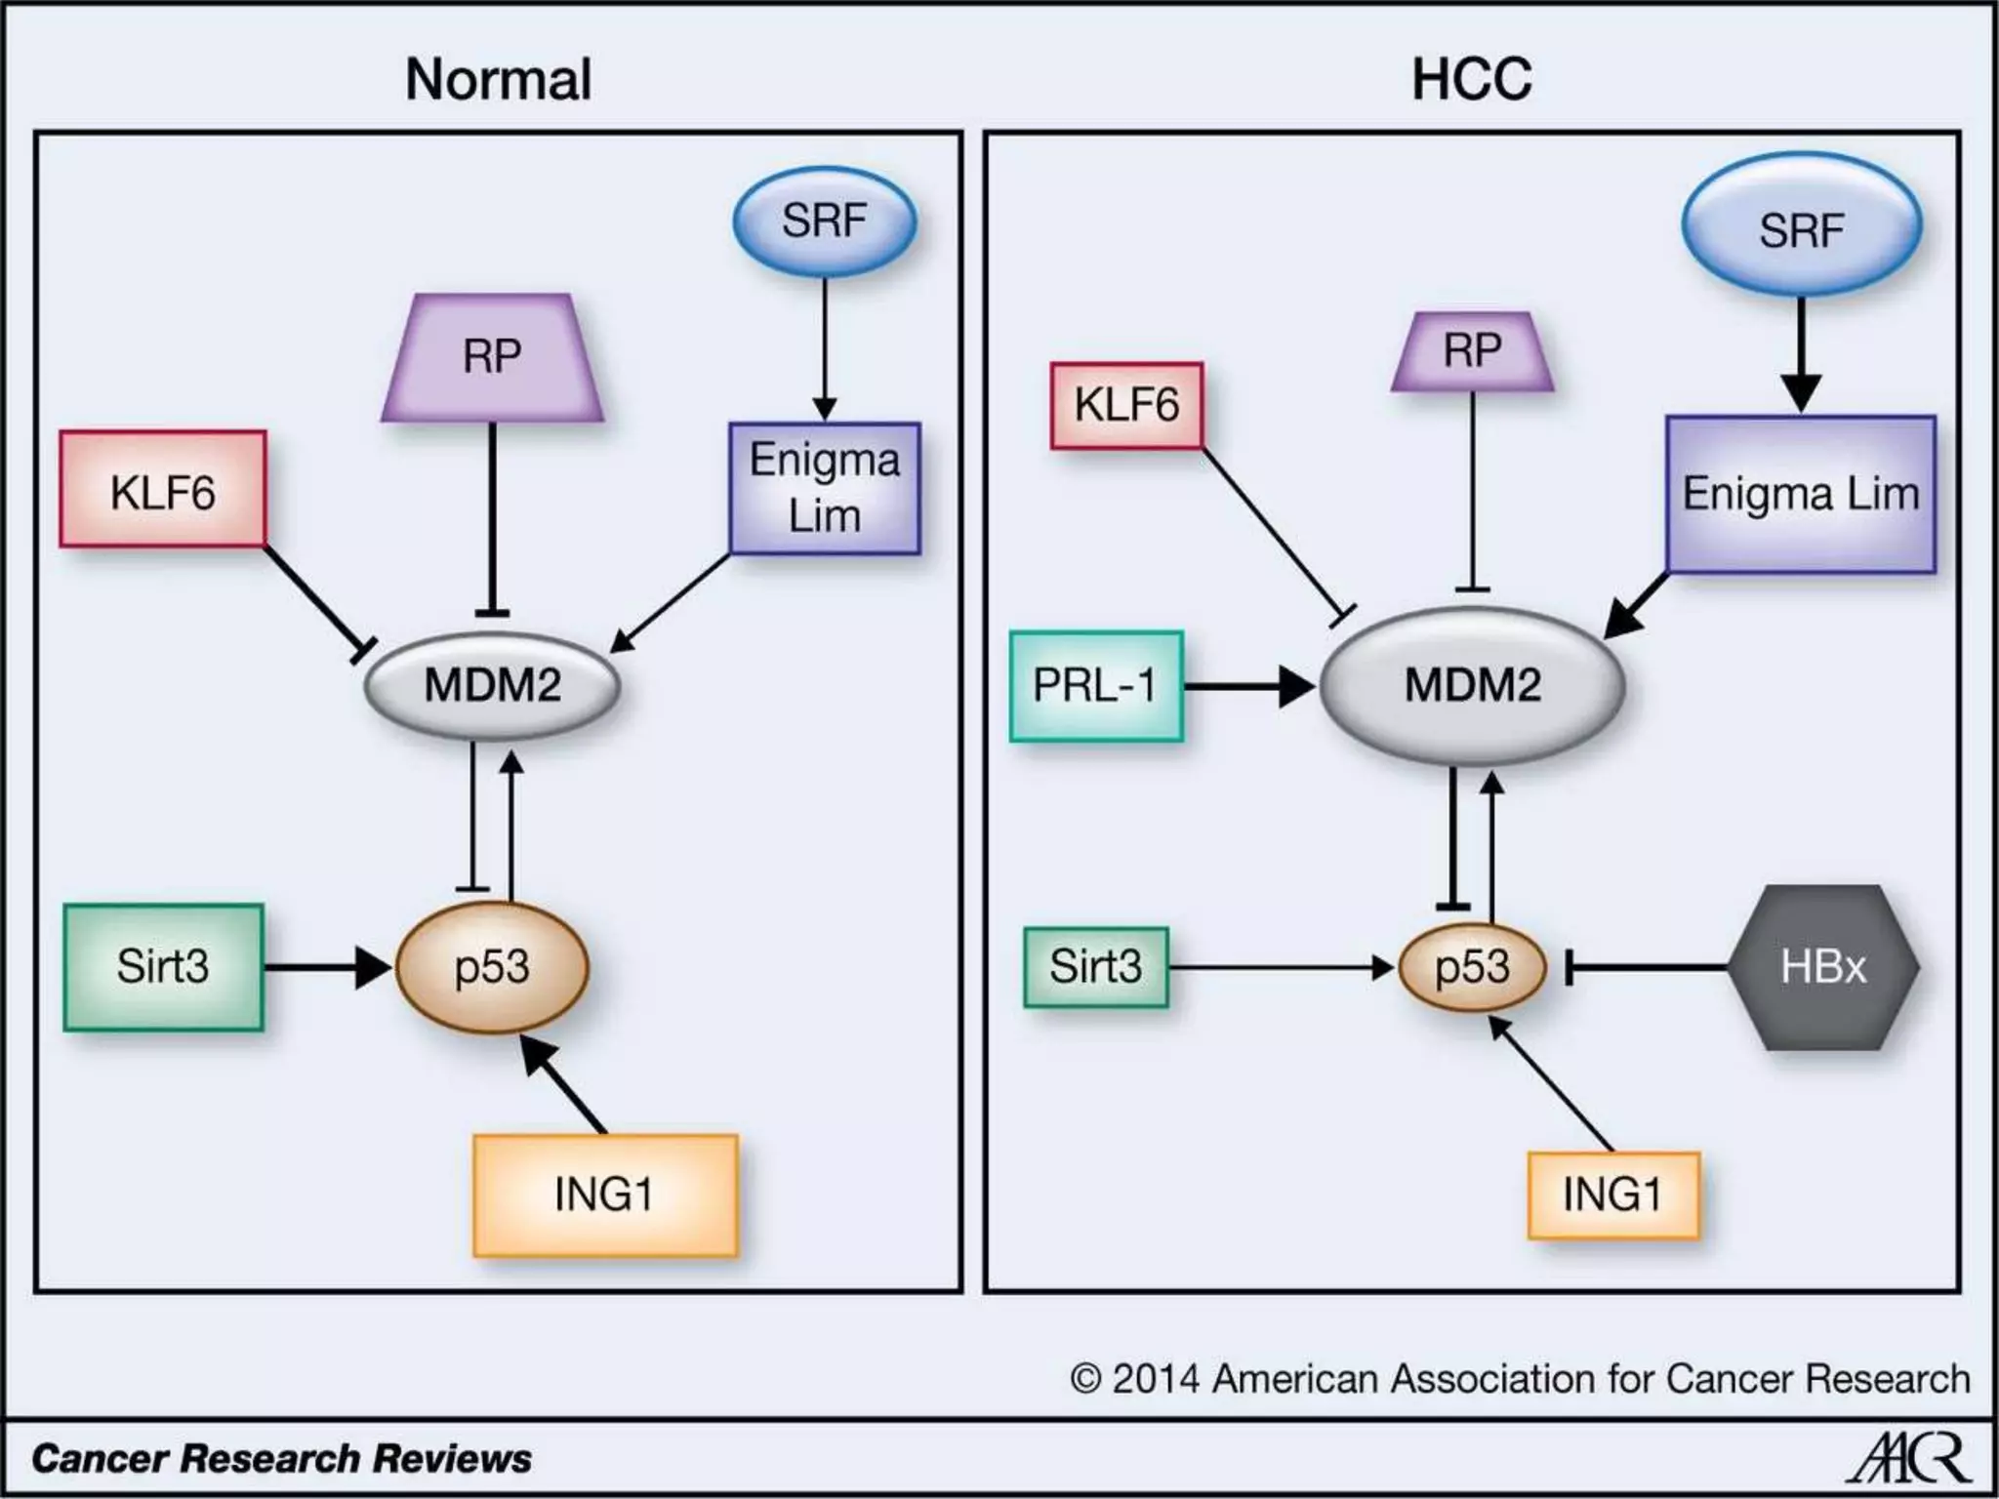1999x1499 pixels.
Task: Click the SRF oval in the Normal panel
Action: [x=825, y=221]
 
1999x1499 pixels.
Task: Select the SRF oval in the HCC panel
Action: [x=1801, y=228]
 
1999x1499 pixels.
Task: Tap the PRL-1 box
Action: [x=1095, y=685]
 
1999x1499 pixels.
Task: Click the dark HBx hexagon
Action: [x=1822, y=967]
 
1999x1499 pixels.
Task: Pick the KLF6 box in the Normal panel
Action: [x=163, y=489]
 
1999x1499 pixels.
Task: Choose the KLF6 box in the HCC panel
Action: [x=1126, y=405]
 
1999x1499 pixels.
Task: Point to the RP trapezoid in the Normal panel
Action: [x=492, y=357]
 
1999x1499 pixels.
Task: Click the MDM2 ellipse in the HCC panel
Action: [x=1472, y=685]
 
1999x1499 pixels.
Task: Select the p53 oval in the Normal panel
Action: [x=492, y=967]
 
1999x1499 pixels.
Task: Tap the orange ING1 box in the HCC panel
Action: [x=1612, y=1195]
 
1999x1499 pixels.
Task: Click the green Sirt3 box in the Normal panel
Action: [x=163, y=967]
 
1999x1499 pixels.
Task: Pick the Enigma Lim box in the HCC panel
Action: [x=1800, y=494]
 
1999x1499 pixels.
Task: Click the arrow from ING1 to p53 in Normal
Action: [x=566, y=1085]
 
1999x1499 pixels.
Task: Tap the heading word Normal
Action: [x=498, y=79]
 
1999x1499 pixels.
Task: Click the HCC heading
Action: [x=1471, y=79]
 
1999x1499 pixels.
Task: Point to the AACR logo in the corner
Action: [x=1909, y=1459]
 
